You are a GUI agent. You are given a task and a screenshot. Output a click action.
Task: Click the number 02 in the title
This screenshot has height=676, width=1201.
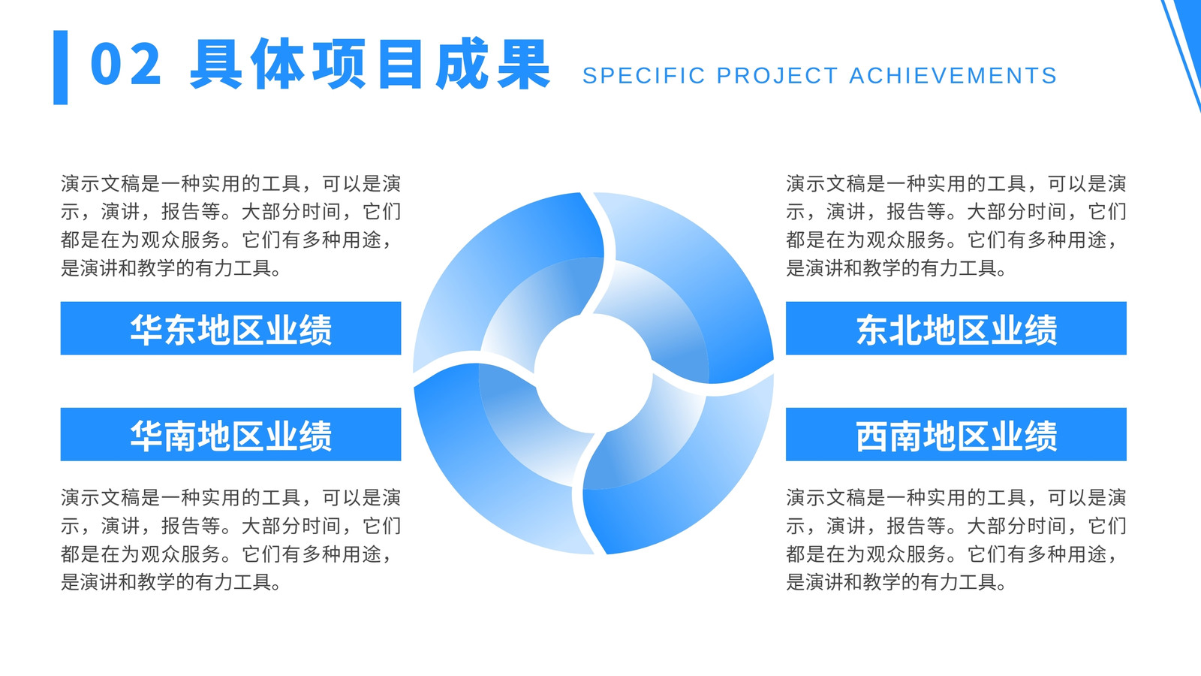click(x=126, y=64)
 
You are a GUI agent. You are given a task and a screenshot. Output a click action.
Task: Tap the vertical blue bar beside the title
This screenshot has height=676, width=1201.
click(x=61, y=67)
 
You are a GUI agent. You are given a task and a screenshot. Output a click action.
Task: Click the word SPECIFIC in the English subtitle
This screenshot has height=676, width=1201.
click(x=644, y=76)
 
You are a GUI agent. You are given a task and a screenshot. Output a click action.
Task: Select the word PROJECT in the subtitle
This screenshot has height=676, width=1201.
click(x=778, y=76)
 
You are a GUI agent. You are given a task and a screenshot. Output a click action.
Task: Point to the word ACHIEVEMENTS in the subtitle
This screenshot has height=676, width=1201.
click(x=953, y=76)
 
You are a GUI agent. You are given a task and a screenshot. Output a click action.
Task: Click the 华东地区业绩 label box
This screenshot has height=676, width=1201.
click(x=230, y=328)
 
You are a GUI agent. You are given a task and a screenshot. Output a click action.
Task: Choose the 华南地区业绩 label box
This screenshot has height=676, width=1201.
click(x=230, y=434)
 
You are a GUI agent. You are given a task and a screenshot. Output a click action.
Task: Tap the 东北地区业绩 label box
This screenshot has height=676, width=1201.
click(x=956, y=328)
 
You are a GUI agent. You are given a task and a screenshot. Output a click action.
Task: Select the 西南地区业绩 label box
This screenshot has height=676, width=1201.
click(x=956, y=434)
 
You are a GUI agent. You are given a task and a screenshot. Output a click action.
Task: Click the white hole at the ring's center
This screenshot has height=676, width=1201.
click(x=594, y=373)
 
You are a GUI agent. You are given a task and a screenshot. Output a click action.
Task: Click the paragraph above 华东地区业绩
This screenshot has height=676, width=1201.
click(x=230, y=225)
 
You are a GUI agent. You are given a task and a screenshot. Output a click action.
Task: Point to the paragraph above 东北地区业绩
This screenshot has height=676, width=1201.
click(x=956, y=225)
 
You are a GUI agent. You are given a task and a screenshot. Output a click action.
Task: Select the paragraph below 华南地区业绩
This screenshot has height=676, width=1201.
click(x=230, y=540)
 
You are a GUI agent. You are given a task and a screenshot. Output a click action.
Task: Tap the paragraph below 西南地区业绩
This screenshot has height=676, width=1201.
click(x=956, y=540)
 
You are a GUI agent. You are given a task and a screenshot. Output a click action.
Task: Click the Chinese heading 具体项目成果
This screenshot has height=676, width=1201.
click(x=370, y=64)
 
